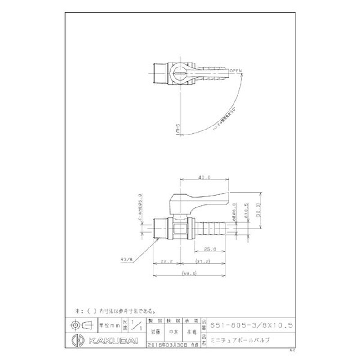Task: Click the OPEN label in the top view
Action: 236,71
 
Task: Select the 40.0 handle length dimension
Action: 205,178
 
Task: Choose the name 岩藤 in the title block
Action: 154,333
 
